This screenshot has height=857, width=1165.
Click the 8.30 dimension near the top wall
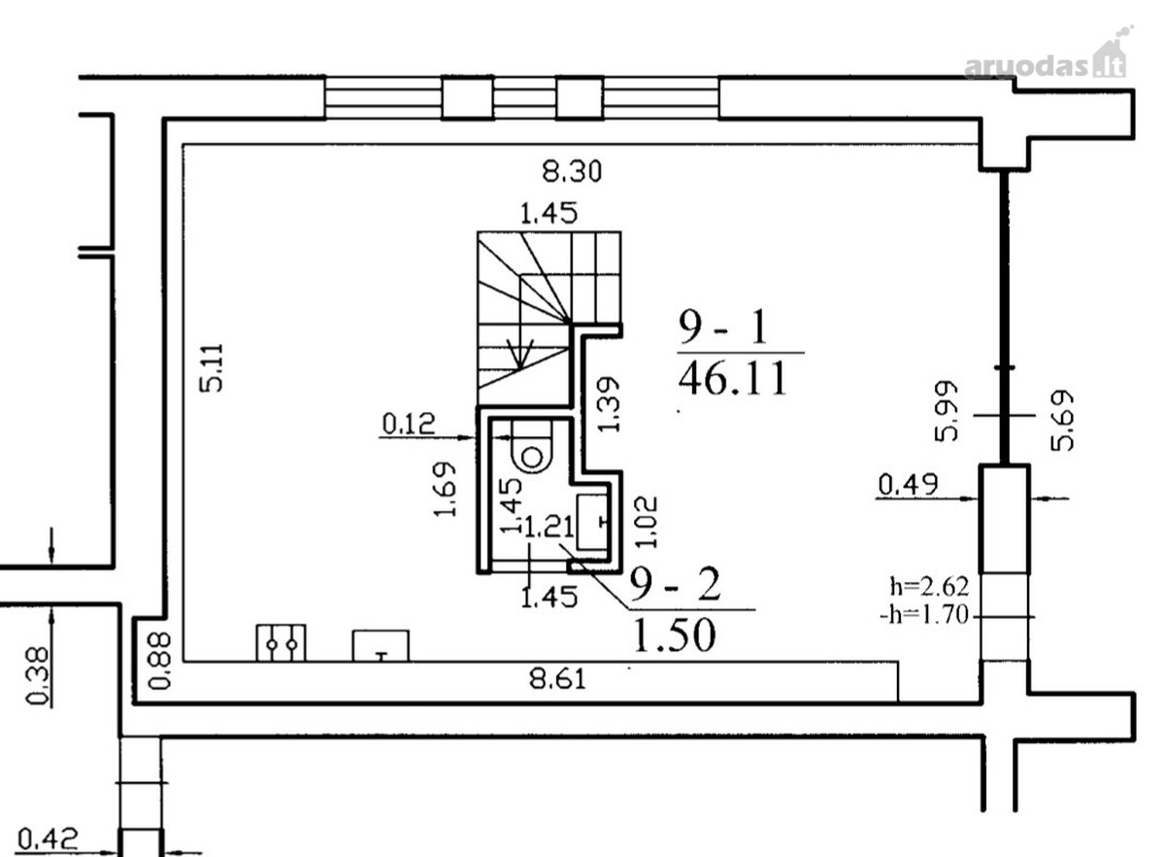pos(572,171)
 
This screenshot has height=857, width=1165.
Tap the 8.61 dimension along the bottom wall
pos(557,679)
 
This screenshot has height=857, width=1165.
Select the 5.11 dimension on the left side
pos(213,368)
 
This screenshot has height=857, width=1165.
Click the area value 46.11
pos(732,379)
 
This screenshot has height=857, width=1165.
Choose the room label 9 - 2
pos(675,584)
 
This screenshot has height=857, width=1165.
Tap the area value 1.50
pos(675,634)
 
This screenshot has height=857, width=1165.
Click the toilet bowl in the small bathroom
pos(531,447)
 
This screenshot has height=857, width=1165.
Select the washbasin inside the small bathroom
pos(592,522)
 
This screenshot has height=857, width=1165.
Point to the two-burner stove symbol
pos(281,643)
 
